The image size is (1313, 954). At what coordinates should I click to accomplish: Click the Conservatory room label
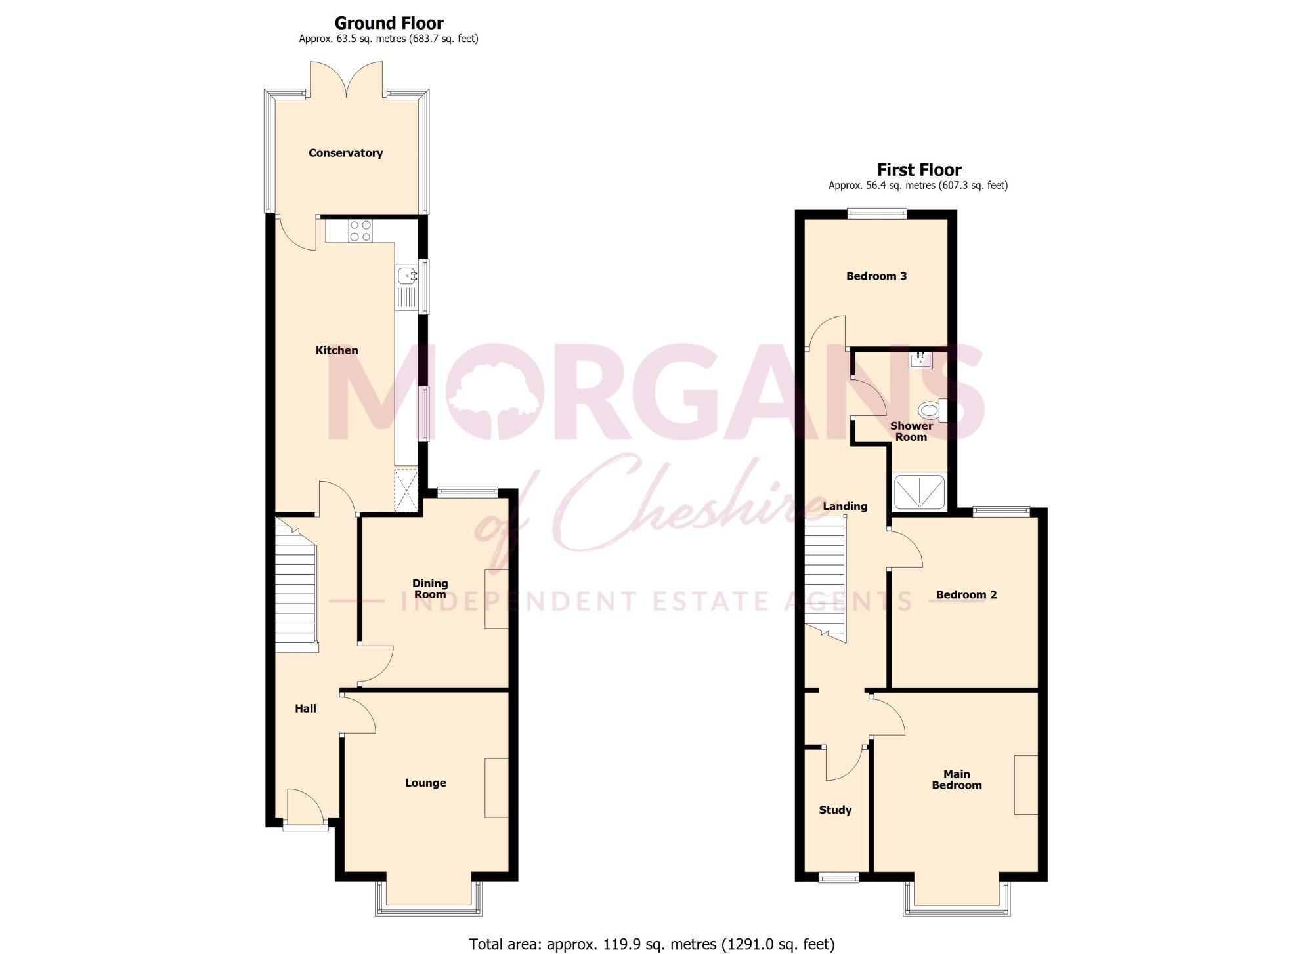coord(345,153)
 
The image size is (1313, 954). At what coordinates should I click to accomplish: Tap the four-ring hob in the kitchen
coord(360,231)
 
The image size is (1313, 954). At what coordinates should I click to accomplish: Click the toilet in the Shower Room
coord(933,411)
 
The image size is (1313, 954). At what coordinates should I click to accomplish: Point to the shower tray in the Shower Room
coord(920,491)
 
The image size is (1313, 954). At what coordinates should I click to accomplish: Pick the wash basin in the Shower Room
coord(920,360)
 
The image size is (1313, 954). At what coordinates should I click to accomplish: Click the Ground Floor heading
coord(389,23)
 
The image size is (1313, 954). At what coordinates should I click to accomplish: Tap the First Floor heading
coord(918,170)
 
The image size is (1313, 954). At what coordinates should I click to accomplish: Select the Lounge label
coord(425,783)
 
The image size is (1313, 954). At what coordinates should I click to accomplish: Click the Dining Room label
coord(430,589)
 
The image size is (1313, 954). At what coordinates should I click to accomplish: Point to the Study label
coord(835,810)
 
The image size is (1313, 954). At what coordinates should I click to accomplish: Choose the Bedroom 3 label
coord(876,276)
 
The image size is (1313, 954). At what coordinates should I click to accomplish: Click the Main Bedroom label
coord(957,779)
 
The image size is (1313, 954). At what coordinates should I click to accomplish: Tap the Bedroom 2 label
coord(966,595)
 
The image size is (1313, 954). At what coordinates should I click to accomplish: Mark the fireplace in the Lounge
coord(496,788)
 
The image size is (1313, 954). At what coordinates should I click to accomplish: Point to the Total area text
coord(652,944)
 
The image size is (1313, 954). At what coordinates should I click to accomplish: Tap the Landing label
coord(845,507)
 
